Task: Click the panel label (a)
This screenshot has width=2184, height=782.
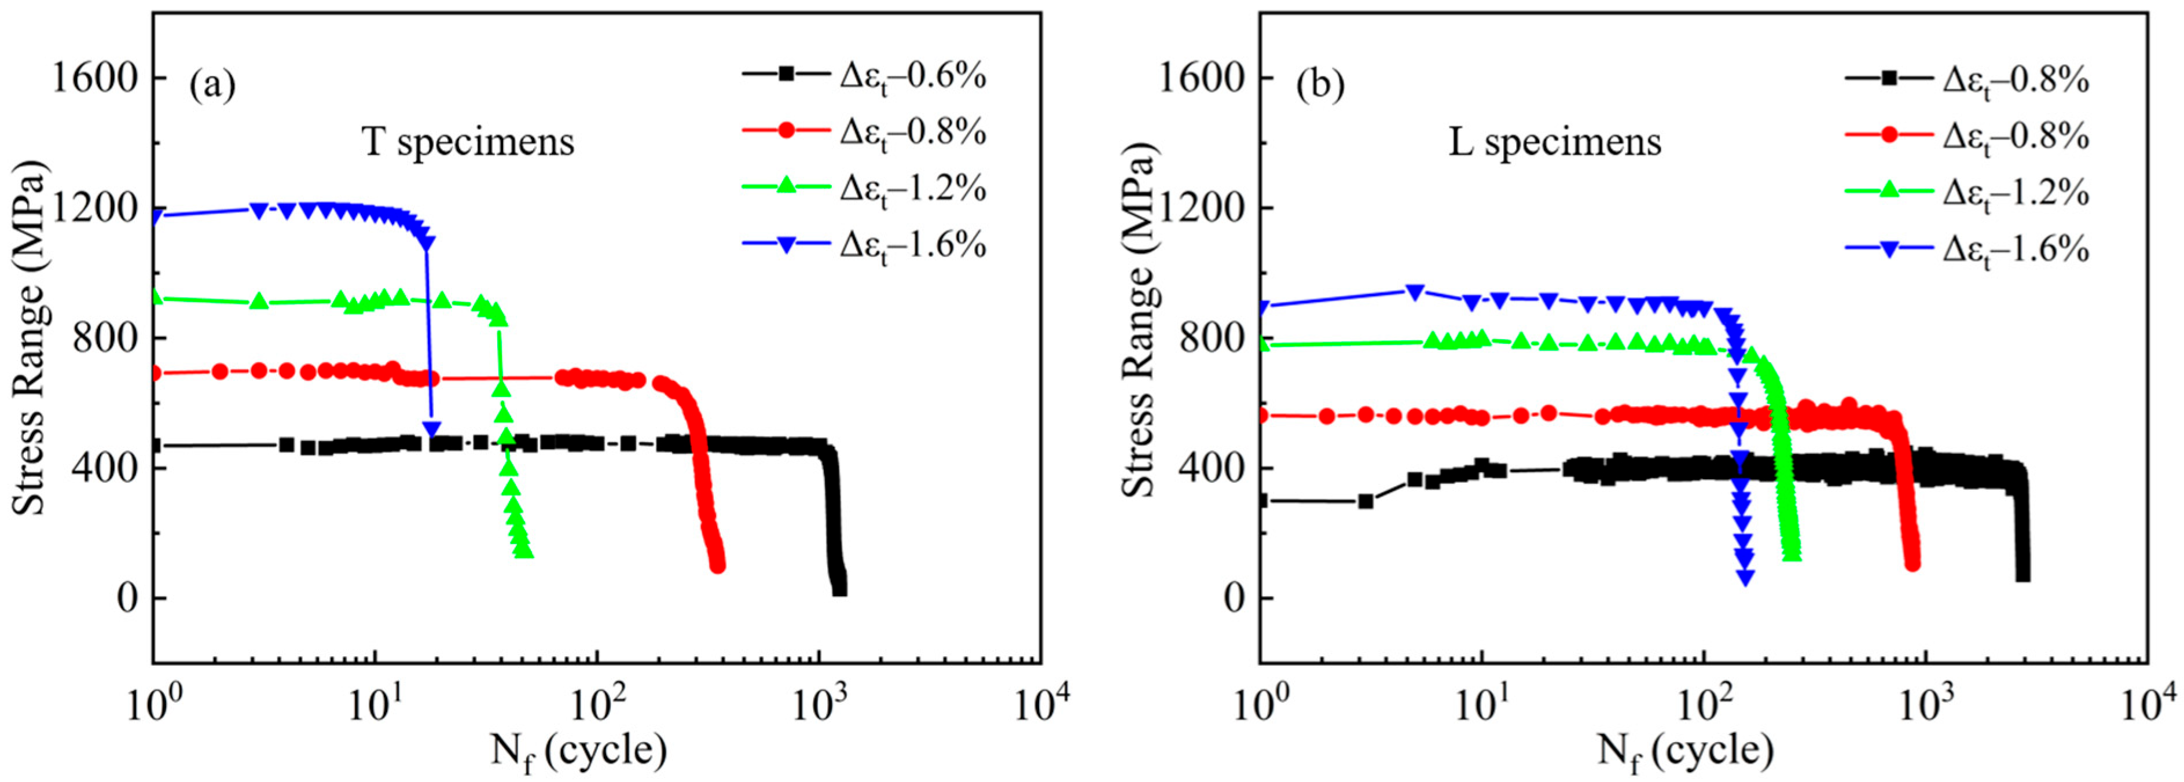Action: (212, 86)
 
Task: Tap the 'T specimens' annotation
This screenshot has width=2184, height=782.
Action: (468, 142)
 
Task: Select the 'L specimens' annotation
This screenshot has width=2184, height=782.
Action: (1555, 142)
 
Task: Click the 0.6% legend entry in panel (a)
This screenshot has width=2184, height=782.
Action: (865, 76)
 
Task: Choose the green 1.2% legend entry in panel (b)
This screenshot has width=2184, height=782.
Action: (1967, 193)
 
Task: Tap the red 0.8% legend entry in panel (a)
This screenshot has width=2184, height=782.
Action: (865, 133)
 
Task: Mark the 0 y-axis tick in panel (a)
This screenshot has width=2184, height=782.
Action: (127, 599)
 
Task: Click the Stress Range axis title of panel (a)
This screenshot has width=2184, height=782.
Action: (29, 337)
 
